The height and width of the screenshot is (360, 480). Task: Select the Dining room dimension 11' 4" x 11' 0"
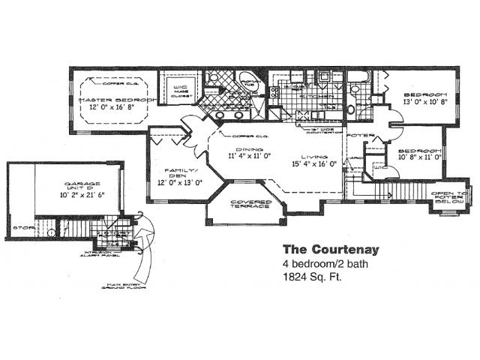pyautogui.click(x=249, y=156)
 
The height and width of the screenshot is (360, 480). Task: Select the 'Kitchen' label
pyautogui.click(x=311, y=97)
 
